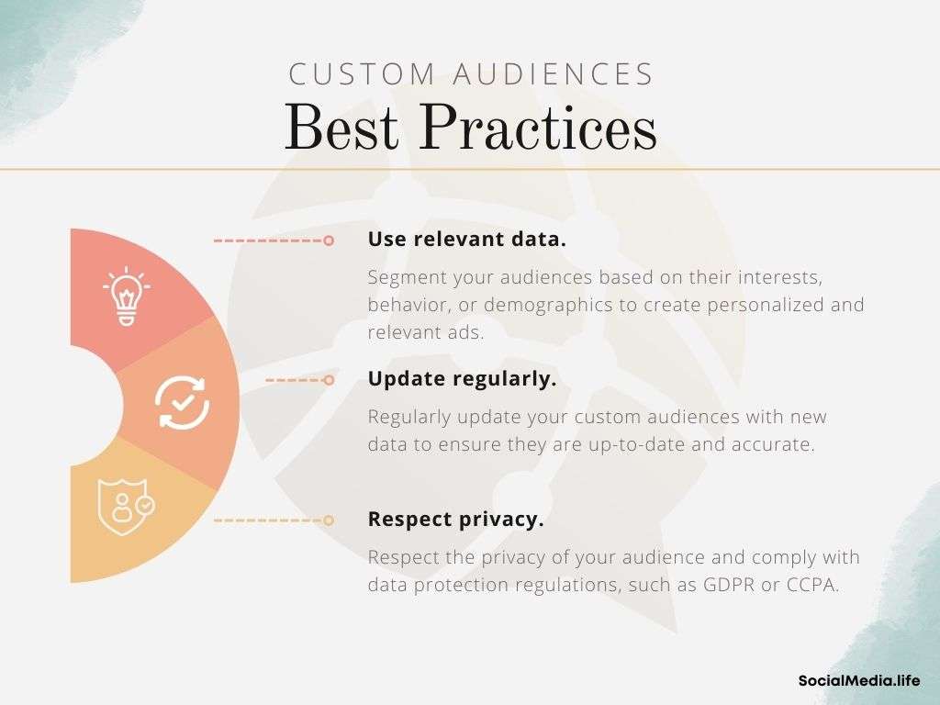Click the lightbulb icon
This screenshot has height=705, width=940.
(x=126, y=297)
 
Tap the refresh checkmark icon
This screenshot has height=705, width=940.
(x=183, y=402)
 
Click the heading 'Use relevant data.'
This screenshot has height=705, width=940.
(x=467, y=240)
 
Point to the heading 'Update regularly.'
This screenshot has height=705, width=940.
(x=463, y=379)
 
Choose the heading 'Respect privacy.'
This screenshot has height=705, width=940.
(x=455, y=520)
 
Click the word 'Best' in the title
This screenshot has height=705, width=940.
(x=341, y=128)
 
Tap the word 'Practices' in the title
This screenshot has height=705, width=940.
(x=538, y=128)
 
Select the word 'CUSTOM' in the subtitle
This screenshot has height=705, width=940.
(x=362, y=74)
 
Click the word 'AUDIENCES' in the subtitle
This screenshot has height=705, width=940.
(x=553, y=74)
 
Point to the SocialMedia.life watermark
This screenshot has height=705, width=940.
(x=859, y=680)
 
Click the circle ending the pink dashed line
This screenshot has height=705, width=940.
(x=329, y=241)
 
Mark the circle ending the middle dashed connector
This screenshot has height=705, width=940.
(x=329, y=380)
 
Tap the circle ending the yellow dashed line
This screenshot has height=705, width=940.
(x=329, y=520)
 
